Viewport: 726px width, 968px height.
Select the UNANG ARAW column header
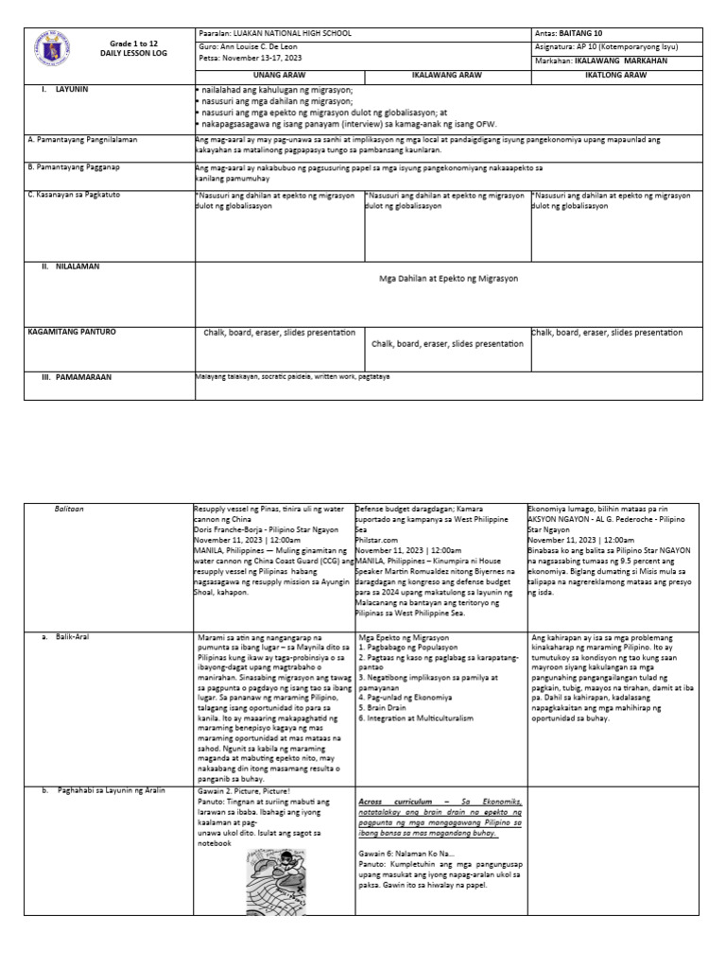tap(279, 72)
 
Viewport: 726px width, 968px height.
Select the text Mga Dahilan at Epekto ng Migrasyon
tap(448, 279)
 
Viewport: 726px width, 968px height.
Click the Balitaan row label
tap(68, 509)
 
